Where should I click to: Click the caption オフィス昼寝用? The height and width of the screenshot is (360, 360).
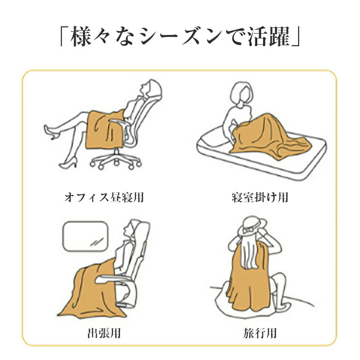pos(104,197)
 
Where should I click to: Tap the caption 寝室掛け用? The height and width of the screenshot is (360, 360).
pos(260,197)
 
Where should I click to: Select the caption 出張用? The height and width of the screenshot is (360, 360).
pos(104,333)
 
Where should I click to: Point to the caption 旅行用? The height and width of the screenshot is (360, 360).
pos(260,333)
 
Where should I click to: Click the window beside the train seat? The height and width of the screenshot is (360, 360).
pos(85,236)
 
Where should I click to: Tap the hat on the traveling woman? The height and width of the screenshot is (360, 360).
pos(252,226)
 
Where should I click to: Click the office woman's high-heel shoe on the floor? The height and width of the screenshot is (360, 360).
pos(69,163)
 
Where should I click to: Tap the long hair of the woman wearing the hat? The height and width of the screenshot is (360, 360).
pos(250,252)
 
